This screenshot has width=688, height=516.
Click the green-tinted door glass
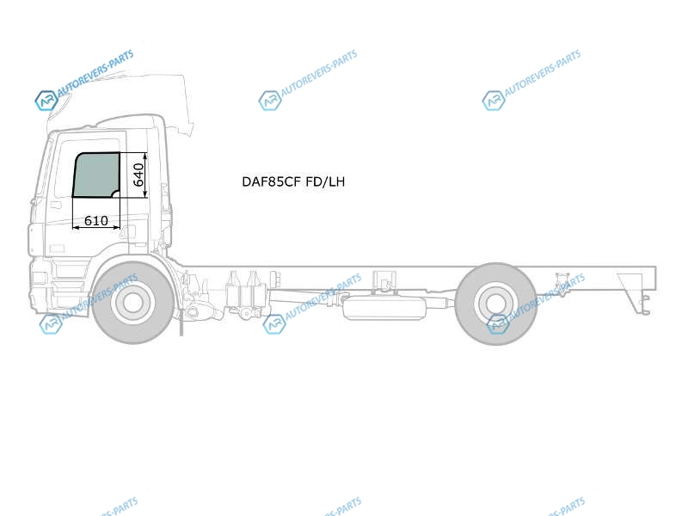point(95,175)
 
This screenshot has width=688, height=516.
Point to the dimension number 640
point(138,175)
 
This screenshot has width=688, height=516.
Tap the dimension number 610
point(96,220)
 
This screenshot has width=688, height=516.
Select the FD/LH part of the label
point(326,181)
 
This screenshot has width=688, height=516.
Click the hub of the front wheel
point(132,302)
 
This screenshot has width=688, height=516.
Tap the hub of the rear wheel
point(496,304)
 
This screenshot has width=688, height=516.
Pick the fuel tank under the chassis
point(384,308)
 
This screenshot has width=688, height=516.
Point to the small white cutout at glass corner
point(117,194)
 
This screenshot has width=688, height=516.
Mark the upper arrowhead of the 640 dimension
point(144,157)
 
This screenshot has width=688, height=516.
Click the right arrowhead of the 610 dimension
point(116,228)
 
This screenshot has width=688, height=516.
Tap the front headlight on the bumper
point(39,277)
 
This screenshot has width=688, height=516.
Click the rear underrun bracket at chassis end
point(634,293)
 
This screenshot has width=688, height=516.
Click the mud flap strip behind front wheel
point(181,322)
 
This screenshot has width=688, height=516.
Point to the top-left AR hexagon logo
point(46,101)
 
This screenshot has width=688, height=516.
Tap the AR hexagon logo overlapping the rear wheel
point(499,324)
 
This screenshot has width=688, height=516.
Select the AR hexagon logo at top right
point(493,101)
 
